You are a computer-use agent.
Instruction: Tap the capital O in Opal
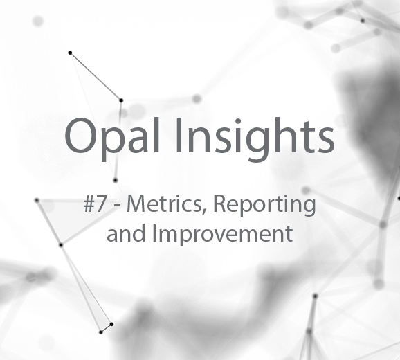tap(81, 135)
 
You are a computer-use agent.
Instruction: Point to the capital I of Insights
tap(179, 135)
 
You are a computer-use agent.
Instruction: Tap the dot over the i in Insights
tap(238, 121)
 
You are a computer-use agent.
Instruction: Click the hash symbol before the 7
tap(89, 205)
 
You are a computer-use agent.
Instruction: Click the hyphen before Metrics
tap(118, 207)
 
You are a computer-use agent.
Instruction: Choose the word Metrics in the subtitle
tap(164, 204)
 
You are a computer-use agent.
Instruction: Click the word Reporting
tap(264, 206)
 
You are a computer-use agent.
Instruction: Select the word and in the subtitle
tap(126, 233)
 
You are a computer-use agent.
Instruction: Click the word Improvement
tap(222, 235)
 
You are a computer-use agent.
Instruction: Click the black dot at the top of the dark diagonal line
tap(70, 53)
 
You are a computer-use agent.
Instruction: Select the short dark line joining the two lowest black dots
tap(106, 328)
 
